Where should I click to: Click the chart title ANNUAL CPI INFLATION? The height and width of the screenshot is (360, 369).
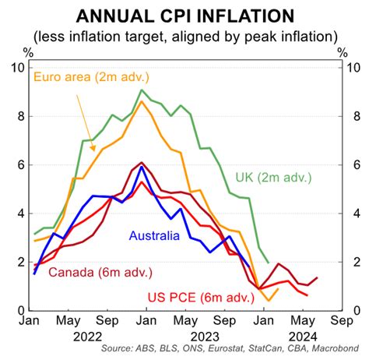(x=185, y=16)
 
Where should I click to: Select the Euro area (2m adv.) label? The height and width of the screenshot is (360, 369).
(x=91, y=77)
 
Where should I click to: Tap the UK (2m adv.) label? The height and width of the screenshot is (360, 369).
(x=273, y=178)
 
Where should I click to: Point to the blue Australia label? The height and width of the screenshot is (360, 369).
(x=154, y=235)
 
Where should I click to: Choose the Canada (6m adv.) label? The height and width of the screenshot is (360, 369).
(x=100, y=272)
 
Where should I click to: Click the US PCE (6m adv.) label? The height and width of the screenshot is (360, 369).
(x=201, y=297)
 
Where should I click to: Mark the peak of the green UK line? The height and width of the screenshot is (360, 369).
(x=142, y=90)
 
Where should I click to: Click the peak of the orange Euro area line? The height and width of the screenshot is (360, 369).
(x=142, y=101)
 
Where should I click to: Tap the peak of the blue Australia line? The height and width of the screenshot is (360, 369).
(x=142, y=166)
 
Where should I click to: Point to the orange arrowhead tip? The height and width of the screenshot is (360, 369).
(x=94, y=151)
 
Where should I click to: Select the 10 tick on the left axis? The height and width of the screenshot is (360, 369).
(x=18, y=68)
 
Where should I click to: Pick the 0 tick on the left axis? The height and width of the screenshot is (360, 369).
(x=21, y=310)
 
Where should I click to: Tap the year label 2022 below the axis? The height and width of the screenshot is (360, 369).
(x=87, y=337)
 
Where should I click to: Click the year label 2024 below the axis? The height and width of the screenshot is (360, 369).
(x=303, y=337)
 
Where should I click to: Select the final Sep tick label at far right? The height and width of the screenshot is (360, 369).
(x=342, y=321)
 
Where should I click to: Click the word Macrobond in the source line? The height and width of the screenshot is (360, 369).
(x=336, y=348)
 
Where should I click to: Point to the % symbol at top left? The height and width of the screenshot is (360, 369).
(x=29, y=53)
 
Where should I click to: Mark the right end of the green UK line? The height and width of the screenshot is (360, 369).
(x=269, y=263)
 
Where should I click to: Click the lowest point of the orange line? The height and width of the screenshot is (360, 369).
(x=269, y=301)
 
